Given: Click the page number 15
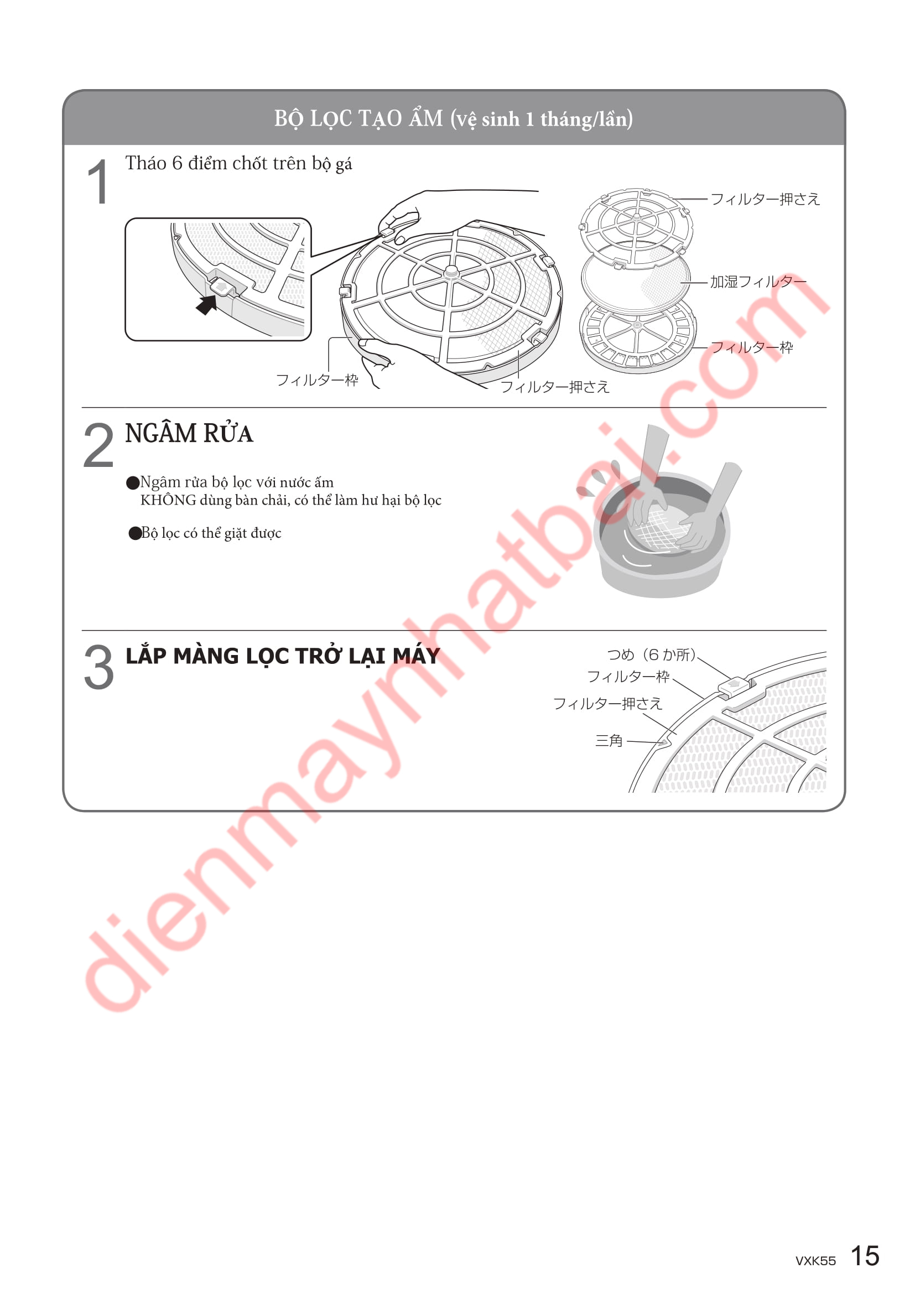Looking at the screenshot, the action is (865, 1256).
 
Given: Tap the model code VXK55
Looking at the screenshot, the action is (815, 1261).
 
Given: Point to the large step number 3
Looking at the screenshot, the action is (98, 667).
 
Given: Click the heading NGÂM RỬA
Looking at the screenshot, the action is (189, 433).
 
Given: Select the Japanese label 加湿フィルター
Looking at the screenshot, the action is (758, 281).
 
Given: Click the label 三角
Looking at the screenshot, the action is (609, 741).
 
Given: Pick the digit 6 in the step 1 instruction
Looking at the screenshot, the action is (178, 163).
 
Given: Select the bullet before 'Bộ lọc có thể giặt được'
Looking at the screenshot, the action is (134, 533).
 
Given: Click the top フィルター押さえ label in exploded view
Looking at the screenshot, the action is (765, 199).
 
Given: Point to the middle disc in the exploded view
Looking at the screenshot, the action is (636, 279).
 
